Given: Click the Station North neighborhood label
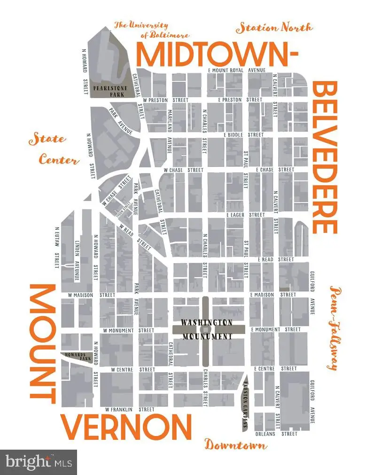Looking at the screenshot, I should (x=274, y=28).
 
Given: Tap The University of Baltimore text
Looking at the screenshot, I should (x=151, y=30).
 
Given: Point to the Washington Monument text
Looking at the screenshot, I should (x=208, y=329).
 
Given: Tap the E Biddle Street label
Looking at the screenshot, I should (x=243, y=134).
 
